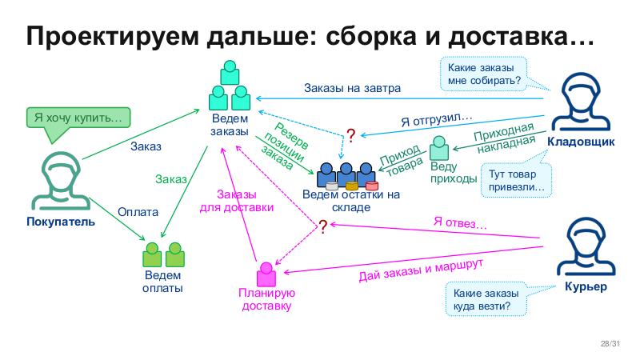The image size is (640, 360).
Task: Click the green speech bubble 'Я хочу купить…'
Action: [78, 118]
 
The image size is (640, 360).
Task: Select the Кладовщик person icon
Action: [580, 104]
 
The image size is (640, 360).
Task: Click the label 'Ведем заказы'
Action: [230, 125]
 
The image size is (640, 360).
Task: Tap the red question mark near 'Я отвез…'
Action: [322, 226]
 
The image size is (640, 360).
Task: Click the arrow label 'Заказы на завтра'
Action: [352, 88]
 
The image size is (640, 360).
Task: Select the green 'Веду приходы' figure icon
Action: [439, 148]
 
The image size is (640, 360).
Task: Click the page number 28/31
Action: [610, 344]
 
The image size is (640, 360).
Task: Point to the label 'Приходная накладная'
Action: [504, 138]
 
